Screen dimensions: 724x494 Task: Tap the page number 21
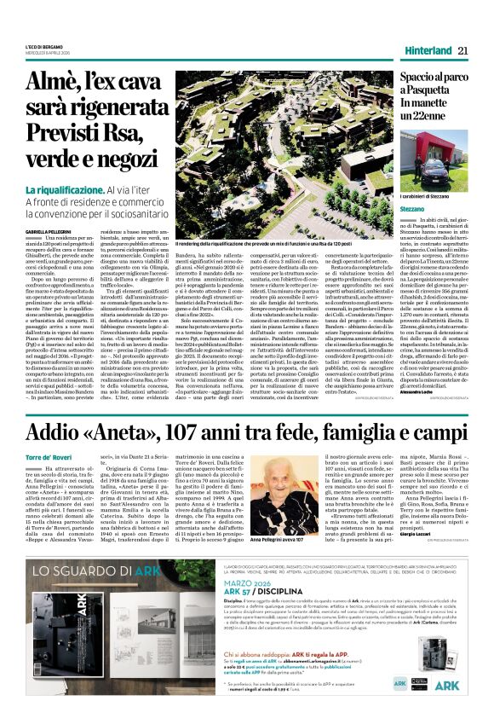pyautogui.click(x=463, y=50)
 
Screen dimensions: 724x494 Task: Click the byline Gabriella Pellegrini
pyautogui.click(x=46, y=231)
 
